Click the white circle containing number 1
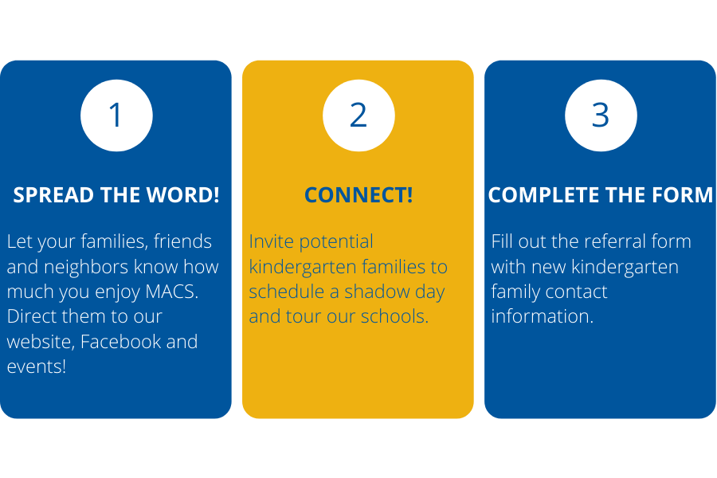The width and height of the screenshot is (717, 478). pos(116,116)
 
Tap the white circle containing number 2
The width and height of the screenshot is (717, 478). pos(358,116)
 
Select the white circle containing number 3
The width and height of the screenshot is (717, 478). pos(601,116)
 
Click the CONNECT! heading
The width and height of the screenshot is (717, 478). pos(358,195)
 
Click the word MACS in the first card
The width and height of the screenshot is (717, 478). pos(171,292)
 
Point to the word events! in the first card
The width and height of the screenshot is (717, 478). pos(37,366)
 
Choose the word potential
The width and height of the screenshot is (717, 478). pos(336,242)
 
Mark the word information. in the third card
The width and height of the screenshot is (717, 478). pos(543,316)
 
